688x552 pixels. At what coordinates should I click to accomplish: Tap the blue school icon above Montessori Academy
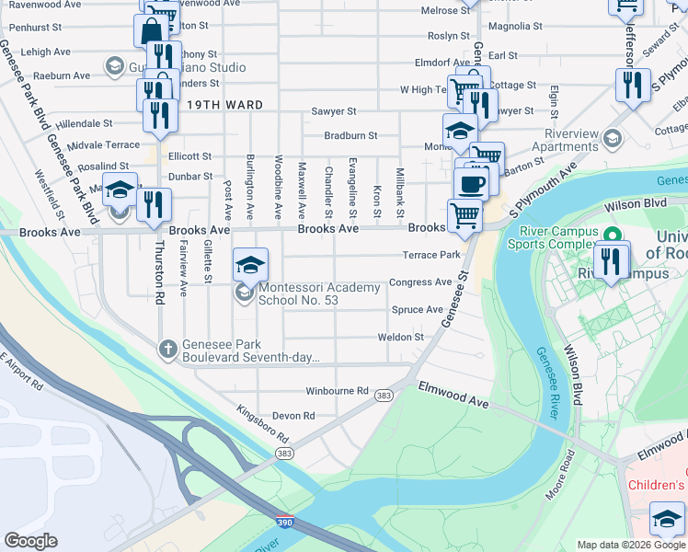(250, 266)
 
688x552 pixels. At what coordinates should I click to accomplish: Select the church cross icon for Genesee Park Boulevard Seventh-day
(167, 349)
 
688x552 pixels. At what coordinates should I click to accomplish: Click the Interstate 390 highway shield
(285, 523)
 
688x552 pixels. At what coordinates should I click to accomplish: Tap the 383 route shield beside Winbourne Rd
(384, 396)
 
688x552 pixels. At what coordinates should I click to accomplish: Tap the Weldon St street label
(400, 338)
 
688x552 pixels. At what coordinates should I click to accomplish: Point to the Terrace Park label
(430, 255)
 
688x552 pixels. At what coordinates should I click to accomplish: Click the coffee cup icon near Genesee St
(471, 183)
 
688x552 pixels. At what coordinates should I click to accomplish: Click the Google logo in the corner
(31, 540)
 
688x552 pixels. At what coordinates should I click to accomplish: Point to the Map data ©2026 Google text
(631, 545)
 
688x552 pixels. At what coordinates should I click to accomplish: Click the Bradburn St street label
(350, 135)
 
